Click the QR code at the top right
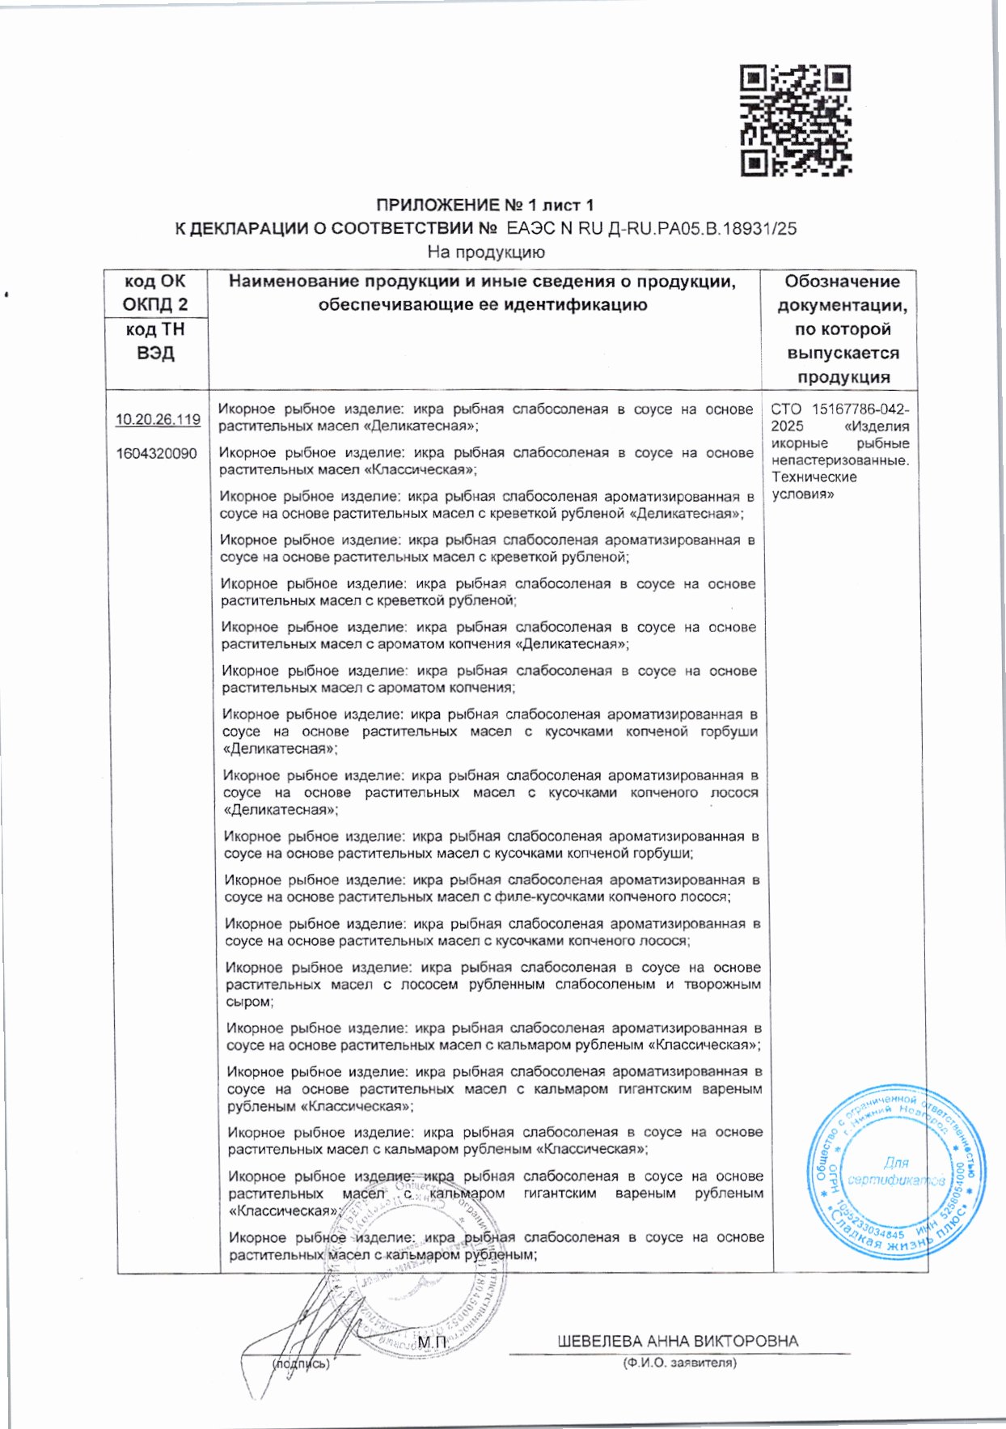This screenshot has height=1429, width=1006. [796, 121]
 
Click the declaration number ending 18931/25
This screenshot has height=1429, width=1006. [651, 228]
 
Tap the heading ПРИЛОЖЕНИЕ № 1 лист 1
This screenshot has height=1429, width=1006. [485, 205]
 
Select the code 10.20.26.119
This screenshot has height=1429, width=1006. [158, 419]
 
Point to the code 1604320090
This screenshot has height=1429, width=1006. [156, 453]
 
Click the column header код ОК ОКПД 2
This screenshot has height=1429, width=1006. [155, 293]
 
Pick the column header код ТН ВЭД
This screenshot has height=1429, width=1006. [155, 341]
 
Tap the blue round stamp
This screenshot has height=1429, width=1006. [896, 1171]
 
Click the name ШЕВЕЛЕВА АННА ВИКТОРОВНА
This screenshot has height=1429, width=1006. [678, 1341]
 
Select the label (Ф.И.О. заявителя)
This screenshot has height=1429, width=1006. [679, 1363]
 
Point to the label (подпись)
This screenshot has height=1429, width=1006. [301, 1363]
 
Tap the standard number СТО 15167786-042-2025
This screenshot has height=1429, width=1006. [839, 418]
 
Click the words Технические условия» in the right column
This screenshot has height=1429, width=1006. [814, 486]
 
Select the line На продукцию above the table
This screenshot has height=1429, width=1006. [486, 252]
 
